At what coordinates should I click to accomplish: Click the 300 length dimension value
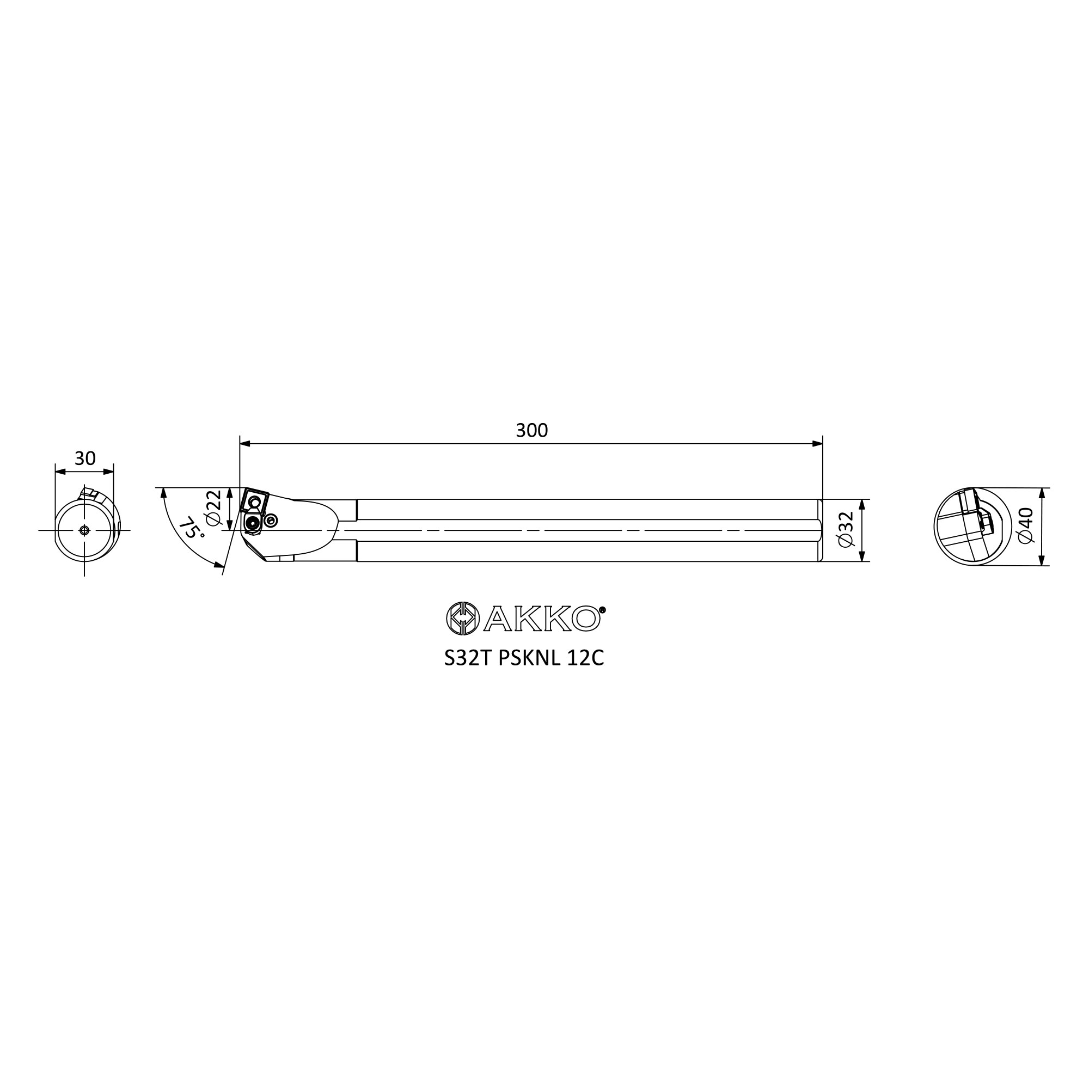click(531, 431)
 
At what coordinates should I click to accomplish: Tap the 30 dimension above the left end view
click(85, 458)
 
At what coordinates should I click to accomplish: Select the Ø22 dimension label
click(213, 507)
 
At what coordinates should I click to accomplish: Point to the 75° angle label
click(191, 528)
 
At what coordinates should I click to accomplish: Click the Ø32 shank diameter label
click(847, 529)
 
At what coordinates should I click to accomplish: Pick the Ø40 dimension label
click(1026, 526)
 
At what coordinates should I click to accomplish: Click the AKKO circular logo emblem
click(463, 619)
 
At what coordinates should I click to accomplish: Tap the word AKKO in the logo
click(542, 619)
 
